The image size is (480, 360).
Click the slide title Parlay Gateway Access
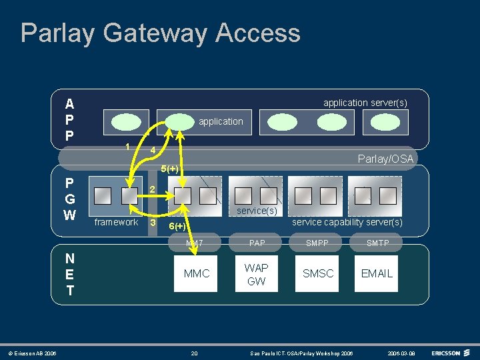[x=160, y=33]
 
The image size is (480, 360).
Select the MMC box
[x=196, y=273]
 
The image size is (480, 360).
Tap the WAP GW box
[x=256, y=274]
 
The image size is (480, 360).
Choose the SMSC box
[x=318, y=273]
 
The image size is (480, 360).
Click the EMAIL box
[x=377, y=273]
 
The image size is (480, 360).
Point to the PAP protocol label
[x=257, y=243]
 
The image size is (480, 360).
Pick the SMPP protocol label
[x=317, y=243]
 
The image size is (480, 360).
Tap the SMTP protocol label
[x=377, y=243]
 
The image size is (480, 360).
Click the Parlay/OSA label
[x=385, y=159]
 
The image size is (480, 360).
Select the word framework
[x=116, y=222]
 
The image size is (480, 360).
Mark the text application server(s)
[x=365, y=103]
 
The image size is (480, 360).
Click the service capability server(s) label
[x=347, y=222]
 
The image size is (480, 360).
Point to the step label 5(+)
[x=169, y=168]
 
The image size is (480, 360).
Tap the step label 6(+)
[x=177, y=227]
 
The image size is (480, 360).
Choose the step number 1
[x=127, y=147]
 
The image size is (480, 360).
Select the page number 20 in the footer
[x=194, y=352]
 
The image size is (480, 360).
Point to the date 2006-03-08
[x=401, y=352]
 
